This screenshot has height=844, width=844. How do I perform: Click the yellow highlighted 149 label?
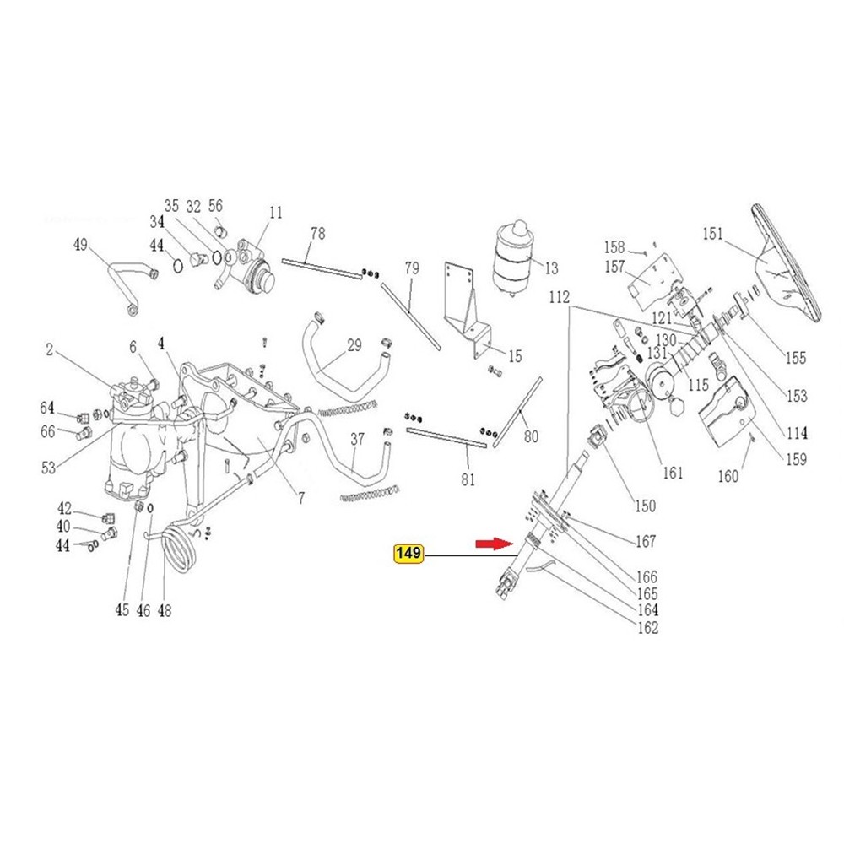point(409,554)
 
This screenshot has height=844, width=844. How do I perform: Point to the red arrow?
point(494,544)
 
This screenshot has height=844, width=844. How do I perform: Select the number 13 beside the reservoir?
point(552,268)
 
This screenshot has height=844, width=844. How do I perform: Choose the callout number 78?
point(318,234)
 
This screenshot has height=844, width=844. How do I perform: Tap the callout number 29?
point(354,345)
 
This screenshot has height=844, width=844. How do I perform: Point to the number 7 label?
point(301,499)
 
